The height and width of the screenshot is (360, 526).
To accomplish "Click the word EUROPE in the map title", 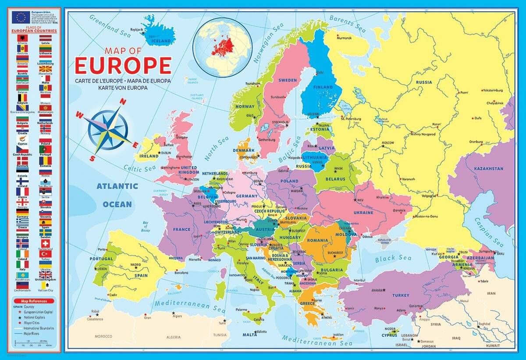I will pos(123,65).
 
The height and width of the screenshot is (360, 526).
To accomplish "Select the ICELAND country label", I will pos(161,41).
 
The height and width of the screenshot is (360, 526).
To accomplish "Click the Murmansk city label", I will pos(344,38).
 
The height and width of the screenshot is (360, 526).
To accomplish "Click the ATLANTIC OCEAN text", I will pos(117,195).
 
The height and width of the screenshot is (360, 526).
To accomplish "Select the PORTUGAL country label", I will pos(101,259).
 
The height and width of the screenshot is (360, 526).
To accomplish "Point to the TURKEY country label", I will pos(401,295).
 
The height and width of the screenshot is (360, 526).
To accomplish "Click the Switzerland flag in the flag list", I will pos(46,243).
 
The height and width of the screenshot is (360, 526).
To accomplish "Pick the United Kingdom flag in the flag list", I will pos(46,275).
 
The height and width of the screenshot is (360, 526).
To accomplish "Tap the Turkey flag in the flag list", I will pos(46,254).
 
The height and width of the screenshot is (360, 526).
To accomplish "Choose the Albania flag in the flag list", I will pos(22,39).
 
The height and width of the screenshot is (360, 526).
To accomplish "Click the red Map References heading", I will pos(33,301).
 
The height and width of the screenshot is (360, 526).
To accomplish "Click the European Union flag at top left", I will pos(21,17).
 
